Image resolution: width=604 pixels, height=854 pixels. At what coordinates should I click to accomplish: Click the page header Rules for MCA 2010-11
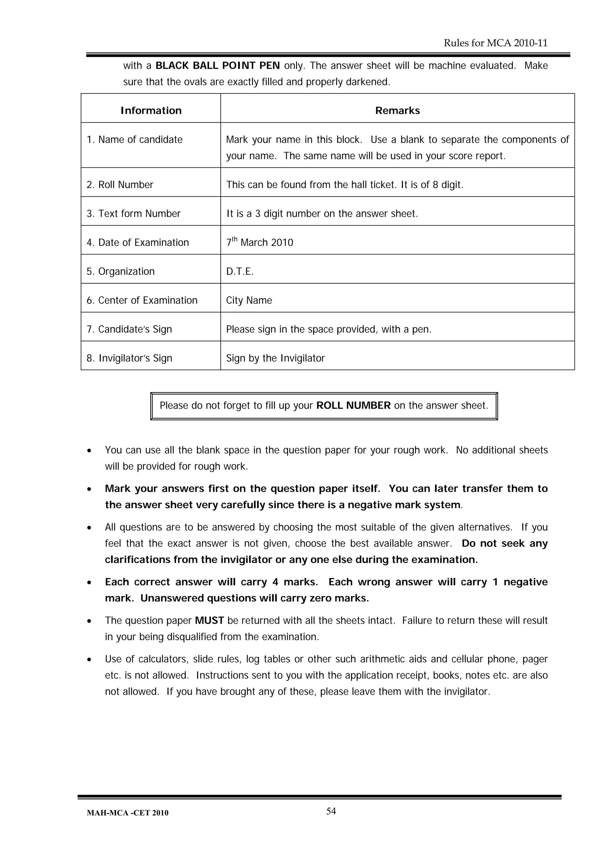pos(495,43)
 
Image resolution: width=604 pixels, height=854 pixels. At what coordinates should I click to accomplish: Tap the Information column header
pos(151,111)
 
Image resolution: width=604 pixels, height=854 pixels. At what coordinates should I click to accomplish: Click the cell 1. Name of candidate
pos(135,139)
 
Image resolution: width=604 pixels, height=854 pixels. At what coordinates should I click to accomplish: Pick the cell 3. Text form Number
pos(134,213)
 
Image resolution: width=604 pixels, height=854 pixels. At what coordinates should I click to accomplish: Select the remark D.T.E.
pos(240,271)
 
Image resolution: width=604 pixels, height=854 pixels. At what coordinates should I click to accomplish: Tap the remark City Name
pos(249,300)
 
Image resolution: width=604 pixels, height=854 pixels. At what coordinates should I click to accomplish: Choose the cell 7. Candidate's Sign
pos(129,329)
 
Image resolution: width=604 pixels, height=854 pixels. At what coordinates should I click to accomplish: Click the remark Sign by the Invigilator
pos(275,358)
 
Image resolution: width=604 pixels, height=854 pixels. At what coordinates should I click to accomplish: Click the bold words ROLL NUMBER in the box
pos(353,405)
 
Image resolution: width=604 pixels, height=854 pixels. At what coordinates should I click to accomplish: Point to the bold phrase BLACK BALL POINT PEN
pos(217,65)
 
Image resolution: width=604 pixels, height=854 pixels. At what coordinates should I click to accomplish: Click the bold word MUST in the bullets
pos(209,621)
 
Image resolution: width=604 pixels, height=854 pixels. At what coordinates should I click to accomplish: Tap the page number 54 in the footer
pos(331,811)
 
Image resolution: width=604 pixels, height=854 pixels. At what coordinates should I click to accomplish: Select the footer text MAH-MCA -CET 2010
pos(127,813)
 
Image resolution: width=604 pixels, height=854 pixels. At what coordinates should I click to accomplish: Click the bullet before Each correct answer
pos(89,583)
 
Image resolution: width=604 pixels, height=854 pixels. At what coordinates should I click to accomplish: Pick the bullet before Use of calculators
pos(89,659)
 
